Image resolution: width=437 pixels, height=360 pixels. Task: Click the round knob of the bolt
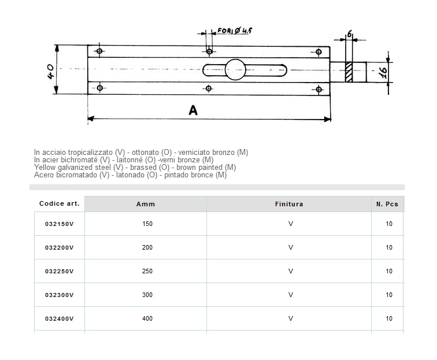point(236,69)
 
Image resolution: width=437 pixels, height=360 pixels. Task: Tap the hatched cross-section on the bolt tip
point(349,72)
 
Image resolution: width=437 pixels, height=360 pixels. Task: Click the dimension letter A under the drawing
point(193,110)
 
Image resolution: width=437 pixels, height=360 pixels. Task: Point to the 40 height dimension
point(50,70)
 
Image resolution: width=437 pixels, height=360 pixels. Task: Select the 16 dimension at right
point(382,72)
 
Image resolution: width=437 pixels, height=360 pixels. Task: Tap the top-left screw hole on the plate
point(100,52)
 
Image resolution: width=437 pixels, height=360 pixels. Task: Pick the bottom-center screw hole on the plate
point(209,88)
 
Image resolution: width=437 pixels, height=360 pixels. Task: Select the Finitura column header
point(289,204)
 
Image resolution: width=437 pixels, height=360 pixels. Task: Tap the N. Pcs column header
point(387,204)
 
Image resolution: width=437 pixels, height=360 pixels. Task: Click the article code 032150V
point(57,224)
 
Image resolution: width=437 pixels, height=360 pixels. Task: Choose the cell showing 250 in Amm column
point(147,271)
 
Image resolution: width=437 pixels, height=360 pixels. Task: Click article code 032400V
point(57,318)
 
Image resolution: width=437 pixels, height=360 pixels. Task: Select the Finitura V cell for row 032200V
point(290,247)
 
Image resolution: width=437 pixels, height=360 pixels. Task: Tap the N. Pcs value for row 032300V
point(388,295)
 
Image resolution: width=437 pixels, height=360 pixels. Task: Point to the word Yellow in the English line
point(45,168)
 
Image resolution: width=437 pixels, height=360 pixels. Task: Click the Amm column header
point(146,204)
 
